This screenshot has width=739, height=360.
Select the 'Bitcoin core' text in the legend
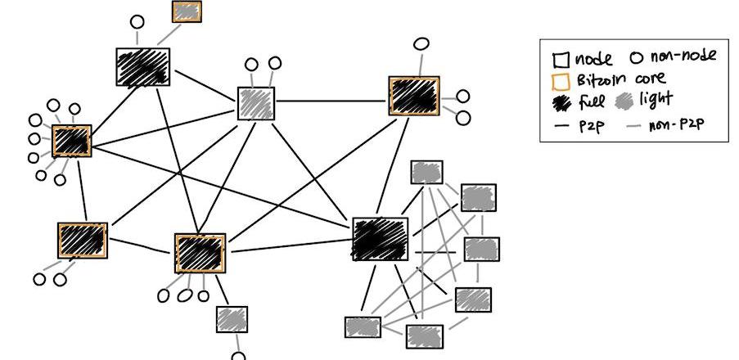click(x=620, y=80)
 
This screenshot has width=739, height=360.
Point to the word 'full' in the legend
click(x=591, y=102)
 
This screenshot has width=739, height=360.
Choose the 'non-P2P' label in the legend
click(x=675, y=125)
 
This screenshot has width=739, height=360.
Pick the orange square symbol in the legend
click(x=561, y=81)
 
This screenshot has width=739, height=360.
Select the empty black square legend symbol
click(x=561, y=60)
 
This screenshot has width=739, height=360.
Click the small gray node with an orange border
click(x=187, y=11)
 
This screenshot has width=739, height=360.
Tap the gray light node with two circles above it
click(x=256, y=102)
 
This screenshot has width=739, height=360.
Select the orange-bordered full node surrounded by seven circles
click(x=71, y=141)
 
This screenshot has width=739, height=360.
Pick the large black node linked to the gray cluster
click(x=380, y=239)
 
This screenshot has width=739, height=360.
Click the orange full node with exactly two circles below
click(x=83, y=241)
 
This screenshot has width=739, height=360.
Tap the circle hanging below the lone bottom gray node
click(x=238, y=356)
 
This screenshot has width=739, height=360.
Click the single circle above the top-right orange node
click(x=421, y=43)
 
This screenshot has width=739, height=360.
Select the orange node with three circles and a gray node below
click(x=200, y=253)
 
